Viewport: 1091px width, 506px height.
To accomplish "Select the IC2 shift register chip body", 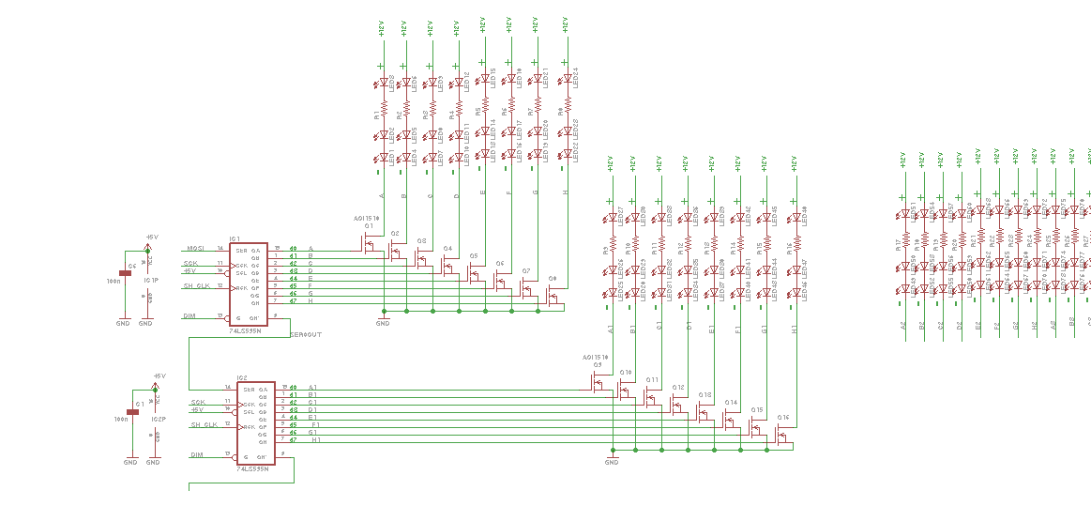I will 256,422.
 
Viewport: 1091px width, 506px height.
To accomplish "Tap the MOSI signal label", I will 194,249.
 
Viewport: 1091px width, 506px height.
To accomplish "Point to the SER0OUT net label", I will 306,334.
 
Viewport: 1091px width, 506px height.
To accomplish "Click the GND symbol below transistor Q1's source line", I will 382,319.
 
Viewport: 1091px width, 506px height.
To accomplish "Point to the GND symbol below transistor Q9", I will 612,458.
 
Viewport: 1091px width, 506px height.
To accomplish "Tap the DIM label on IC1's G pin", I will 189,316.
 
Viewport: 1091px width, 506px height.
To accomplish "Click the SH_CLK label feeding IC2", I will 204,425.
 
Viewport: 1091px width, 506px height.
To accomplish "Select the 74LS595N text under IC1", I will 246,331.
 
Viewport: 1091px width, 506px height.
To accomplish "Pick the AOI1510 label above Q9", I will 595,358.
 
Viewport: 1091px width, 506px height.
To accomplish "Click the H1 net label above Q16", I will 796,330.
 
